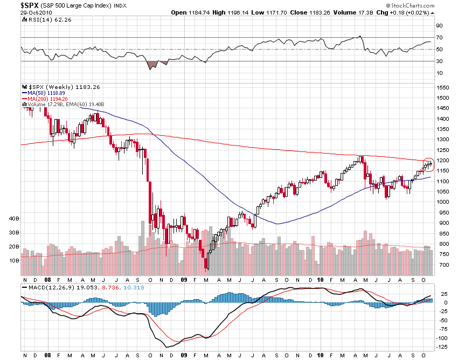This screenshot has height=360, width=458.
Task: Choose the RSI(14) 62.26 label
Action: click(x=43, y=19)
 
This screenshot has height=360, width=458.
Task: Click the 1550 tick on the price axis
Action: click(x=443, y=87)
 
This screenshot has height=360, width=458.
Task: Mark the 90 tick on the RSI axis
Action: click(x=439, y=26)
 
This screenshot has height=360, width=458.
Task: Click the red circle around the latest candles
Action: click(x=428, y=164)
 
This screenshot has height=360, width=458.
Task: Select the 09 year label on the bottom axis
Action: click(x=184, y=280)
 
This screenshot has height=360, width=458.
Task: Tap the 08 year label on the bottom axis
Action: click(x=47, y=280)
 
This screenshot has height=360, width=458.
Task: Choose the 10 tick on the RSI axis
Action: click(x=439, y=73)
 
